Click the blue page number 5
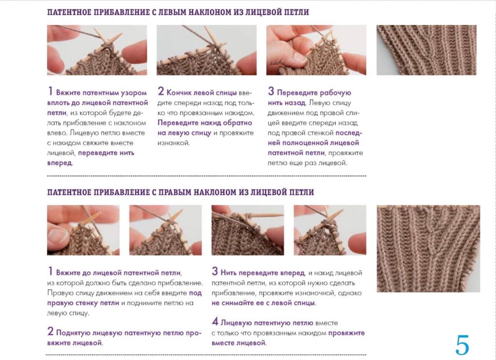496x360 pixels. tap(462, 345)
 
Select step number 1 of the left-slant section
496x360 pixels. tap(50, 91)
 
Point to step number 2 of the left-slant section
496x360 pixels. tap(161, 91)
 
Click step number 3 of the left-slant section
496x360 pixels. tap(271, 91)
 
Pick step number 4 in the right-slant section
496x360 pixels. tap(215, 321)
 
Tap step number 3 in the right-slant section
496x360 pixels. tap(215, 271)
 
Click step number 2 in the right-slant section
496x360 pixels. tap(50, 331)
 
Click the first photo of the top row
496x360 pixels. tap(97, 50)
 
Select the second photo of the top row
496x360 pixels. tap(206, 50)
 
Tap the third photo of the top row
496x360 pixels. tap(316, 50)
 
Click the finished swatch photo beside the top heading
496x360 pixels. tap(426, 50)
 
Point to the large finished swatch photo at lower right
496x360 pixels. tap(428, 249)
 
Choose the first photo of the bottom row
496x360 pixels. tap(83, 230)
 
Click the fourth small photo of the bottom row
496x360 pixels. tap(330, 230)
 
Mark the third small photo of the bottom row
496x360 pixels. tap(248, 230)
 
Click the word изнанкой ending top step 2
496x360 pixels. tap(173, 143)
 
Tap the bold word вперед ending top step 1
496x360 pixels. tap(60, 163)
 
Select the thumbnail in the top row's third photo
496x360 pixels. tap(299, 57)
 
